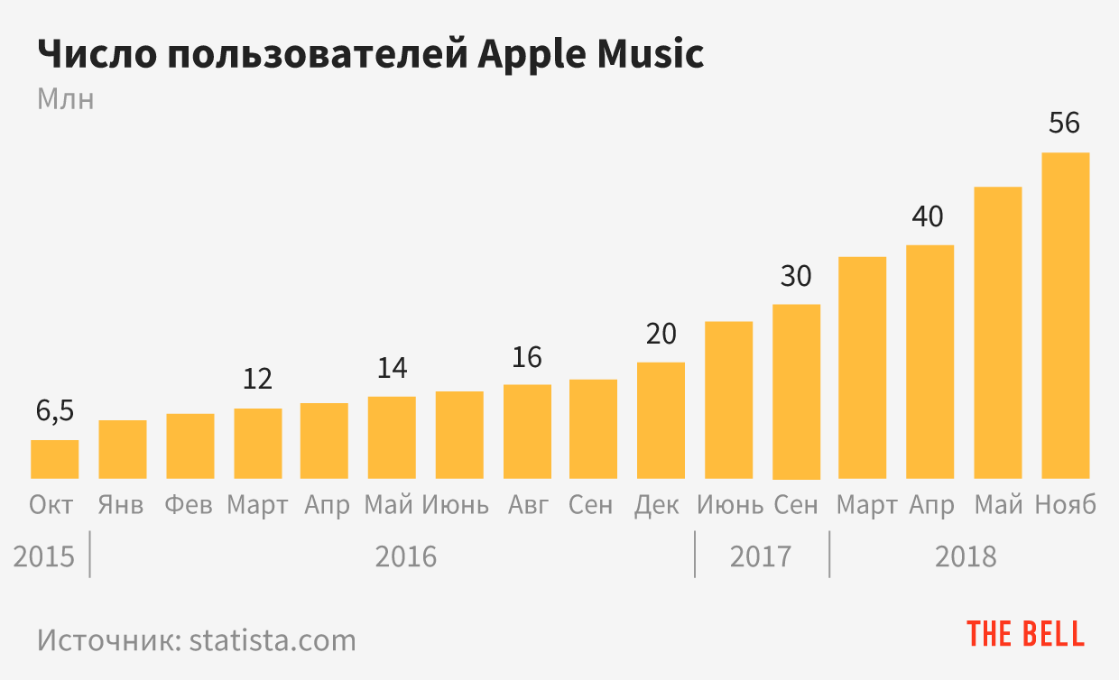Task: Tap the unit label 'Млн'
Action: click(x=65, y=98)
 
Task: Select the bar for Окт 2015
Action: click(x=55, y=459)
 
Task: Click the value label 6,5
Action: click(x=55, y=411)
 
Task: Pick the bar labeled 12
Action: click(x=257, y=443)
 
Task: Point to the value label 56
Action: click(x=1065, y=123)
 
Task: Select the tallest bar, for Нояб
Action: click(x=1065, y=316)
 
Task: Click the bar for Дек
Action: click(x=661, y=420)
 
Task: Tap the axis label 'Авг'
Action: click(x=527, y=504)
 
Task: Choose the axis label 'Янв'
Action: click(x=121, y=504)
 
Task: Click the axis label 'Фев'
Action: click(x=190, y=504)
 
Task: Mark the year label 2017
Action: click(x=760, y=556)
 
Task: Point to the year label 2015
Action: click(x=43, y=556)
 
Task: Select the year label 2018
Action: click(x=966, y=556)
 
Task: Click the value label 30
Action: click(x=796, y=276)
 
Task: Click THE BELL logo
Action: click(x=1025, y=634)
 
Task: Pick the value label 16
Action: click(x=527, y=357)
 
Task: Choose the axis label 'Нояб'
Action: click(x=1066, y=504)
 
